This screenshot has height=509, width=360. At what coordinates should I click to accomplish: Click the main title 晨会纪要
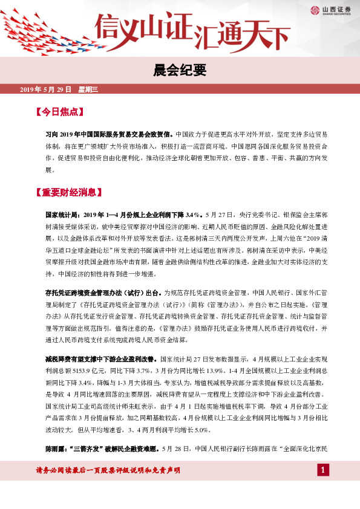[x=180, y=70]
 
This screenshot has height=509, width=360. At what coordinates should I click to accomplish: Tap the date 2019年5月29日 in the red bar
[x=46, y=89]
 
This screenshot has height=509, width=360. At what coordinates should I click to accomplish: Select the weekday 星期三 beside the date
[x=92, y=89]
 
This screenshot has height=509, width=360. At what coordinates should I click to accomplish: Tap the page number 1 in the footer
[x=323, y=470]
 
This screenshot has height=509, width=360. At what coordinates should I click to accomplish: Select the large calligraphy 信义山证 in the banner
[x=144, y=27]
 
